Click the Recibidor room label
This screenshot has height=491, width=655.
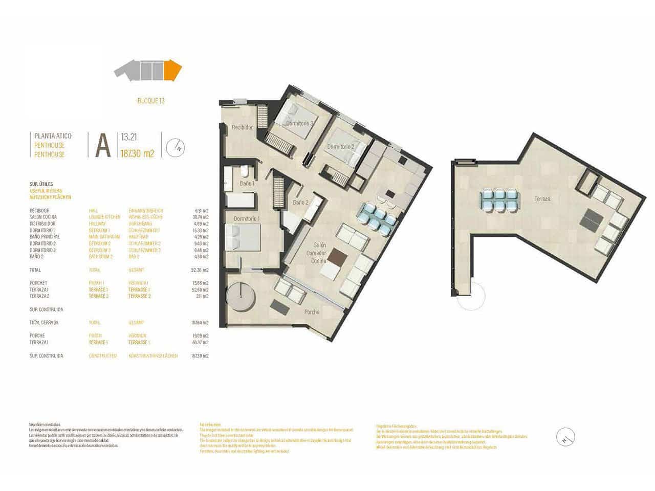[x=242, y=127]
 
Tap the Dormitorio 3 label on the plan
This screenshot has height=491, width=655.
[x=300, y=123]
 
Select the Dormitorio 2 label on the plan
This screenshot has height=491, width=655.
[x=341, y=147]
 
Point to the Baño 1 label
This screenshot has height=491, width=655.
[x=247, y=183]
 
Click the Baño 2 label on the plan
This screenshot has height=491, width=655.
[x=300, y=203]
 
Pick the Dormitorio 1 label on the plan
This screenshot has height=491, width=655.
[x=247, y=219]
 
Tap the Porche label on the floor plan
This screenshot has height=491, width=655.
[x=312, y=312]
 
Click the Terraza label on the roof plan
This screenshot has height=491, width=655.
[x=542, y=199]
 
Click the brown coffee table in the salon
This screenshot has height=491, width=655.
[x=337, y=257]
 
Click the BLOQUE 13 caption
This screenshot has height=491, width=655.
[x=151, y=101]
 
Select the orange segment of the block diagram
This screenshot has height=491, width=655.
[x=172, y=70]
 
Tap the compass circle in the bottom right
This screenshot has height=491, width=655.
[x=565, y=438]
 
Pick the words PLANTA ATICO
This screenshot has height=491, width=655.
[x=53, y=136]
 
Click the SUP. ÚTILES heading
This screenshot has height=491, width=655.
[x=41, y=184]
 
